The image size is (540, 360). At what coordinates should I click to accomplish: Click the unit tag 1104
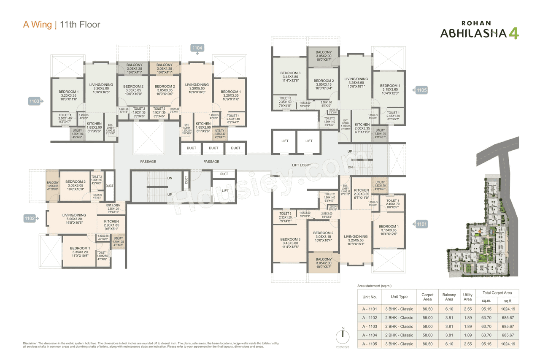197,48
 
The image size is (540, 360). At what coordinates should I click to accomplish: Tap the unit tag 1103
34,101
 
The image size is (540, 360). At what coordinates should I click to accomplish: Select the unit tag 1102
30,219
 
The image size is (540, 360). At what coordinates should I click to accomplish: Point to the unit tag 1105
421,90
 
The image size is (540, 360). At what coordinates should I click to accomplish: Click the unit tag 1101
421,225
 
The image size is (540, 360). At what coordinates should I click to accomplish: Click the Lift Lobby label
301,165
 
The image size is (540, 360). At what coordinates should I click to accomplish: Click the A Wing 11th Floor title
62,24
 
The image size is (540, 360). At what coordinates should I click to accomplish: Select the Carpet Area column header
427,297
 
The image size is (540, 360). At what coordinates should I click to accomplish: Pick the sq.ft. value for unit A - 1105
508,344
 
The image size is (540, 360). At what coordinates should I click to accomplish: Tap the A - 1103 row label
370,326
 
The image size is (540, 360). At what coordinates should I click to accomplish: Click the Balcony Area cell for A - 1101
449,309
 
